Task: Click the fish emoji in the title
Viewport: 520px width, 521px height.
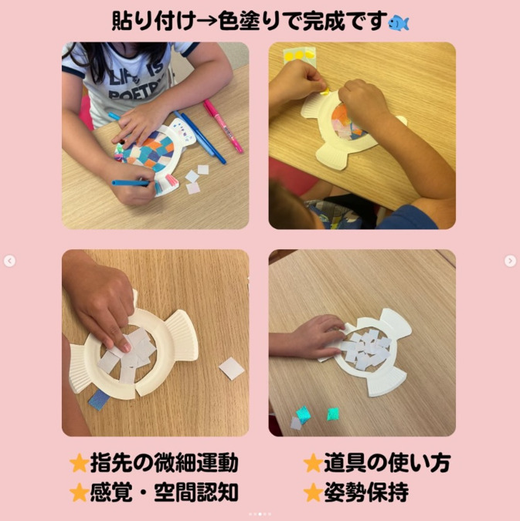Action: pos(398,22)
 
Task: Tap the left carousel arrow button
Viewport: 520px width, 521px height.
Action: pos(9,261)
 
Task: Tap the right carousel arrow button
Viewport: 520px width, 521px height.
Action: pos(510,261)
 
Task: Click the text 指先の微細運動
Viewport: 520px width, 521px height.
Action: pos(164,463)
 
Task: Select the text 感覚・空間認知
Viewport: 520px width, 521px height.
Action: pos(164,492)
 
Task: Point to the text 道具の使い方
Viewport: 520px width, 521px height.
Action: pos(387,463)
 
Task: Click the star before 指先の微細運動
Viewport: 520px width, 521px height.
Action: pos(79,463)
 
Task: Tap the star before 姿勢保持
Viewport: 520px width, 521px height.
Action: pos(312,492)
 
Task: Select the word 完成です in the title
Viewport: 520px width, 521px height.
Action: pos(344,22)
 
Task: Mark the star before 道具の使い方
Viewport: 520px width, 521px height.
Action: pos(312,463)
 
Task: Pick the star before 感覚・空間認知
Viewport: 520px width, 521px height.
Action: pos(79,492)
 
